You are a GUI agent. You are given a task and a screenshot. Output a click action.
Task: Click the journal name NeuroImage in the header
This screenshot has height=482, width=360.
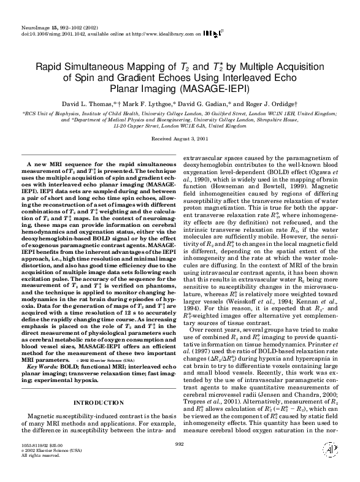click(x=18, y=11)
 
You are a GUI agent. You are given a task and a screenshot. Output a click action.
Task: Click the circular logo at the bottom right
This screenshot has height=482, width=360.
click(x=331, y=466)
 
